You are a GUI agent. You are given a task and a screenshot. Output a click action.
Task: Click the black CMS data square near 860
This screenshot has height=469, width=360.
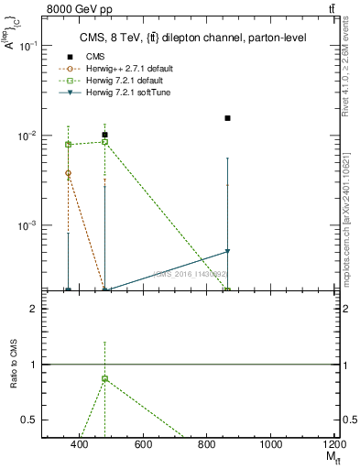point(227,118)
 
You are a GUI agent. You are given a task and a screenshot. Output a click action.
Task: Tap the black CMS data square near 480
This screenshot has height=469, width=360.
point(105,135)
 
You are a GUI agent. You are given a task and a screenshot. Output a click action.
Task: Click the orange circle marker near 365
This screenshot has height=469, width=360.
point(69,172)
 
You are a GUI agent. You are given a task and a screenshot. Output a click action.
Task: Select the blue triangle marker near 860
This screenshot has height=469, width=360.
point(227,251)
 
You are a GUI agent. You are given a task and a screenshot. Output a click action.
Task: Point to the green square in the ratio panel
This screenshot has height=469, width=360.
point(105,378)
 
